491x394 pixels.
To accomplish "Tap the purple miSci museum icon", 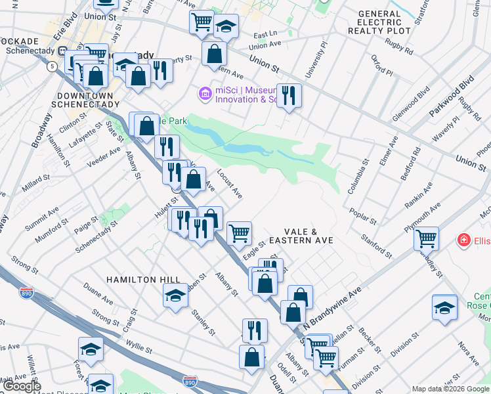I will [x=205, y=94].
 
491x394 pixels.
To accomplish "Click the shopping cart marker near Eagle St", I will [x=239, y=232].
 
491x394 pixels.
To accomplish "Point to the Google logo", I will [x=22, y=386].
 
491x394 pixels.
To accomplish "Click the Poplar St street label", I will [x=363, y=217].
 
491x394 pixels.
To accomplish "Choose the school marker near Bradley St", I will [x=444, y=307].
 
